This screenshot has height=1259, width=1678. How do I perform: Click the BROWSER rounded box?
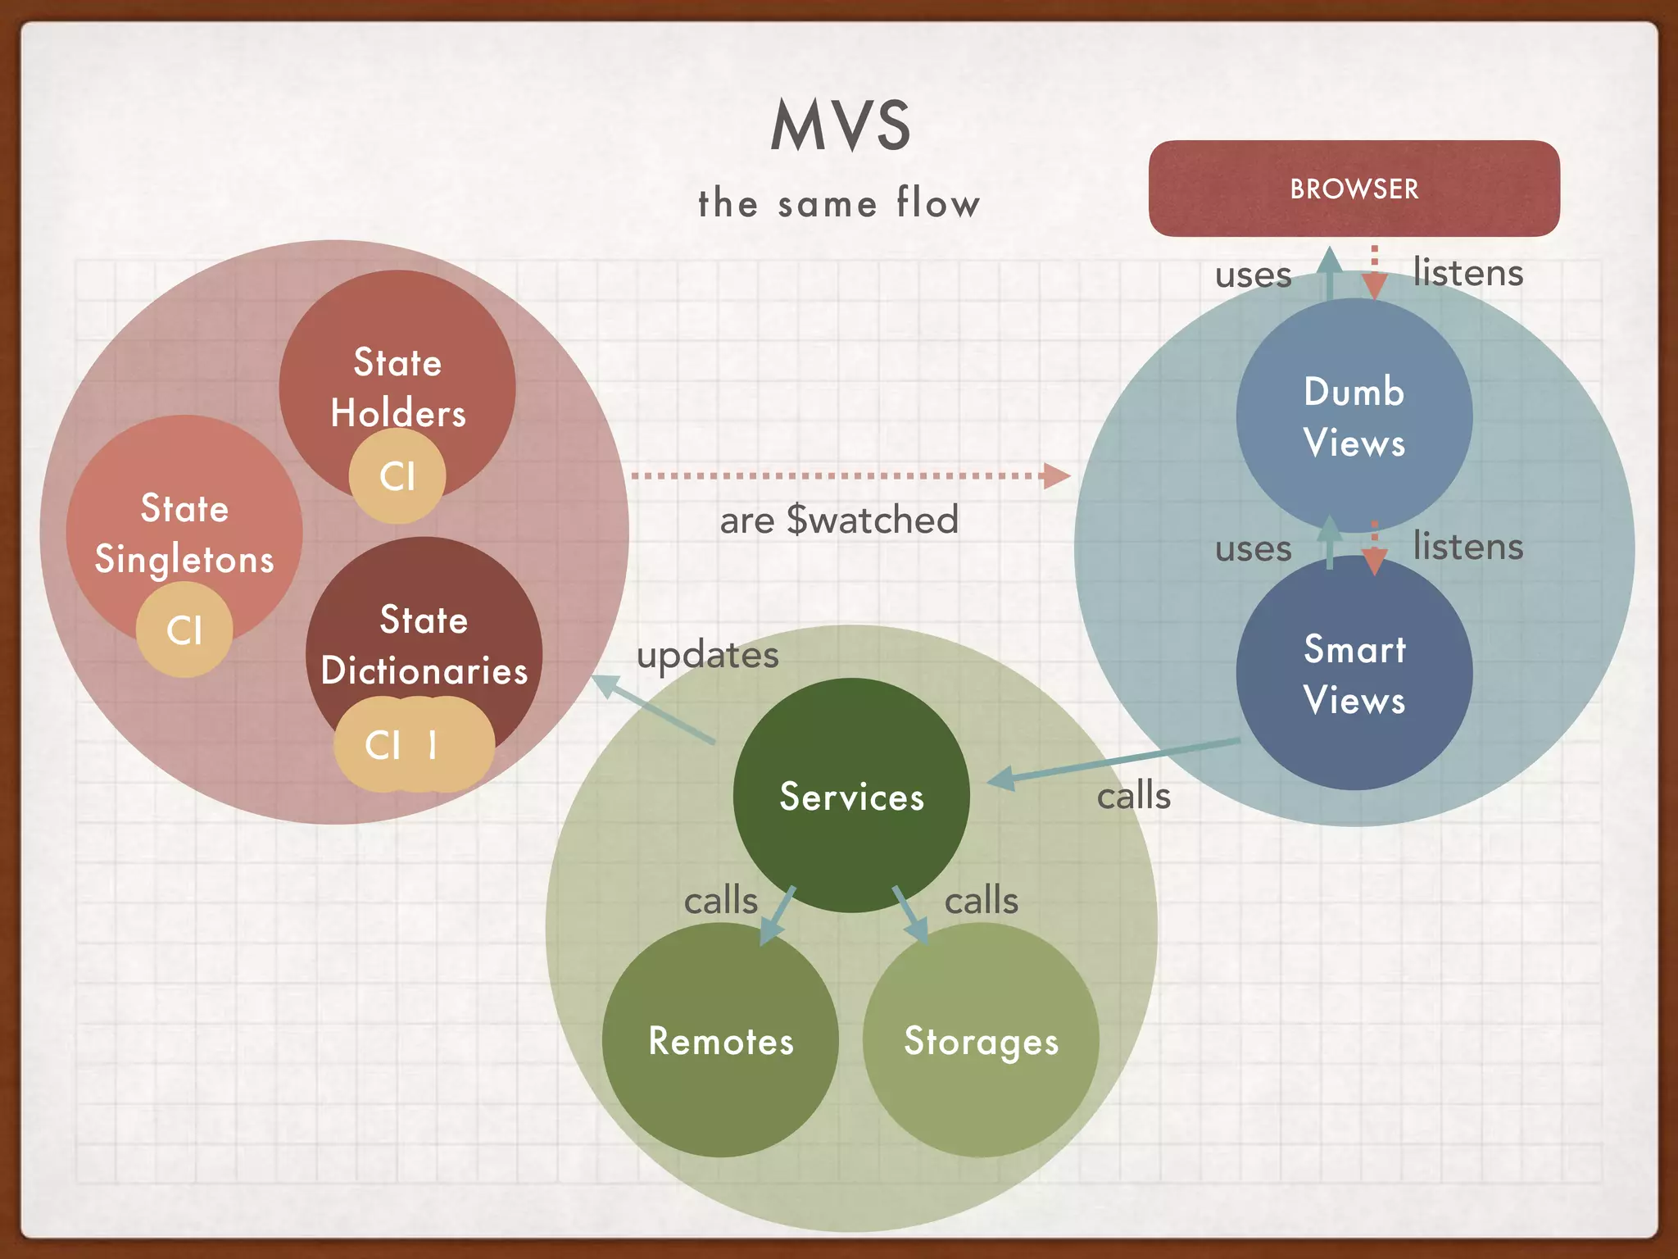pyautogui.click(x=1354, y=189)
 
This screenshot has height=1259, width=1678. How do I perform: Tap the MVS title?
pyautogui.click(x=841, y=125)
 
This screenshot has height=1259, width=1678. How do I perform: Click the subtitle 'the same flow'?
pyautogui.click(x=839, y=202)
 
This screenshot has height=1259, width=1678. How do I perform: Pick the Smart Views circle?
pyautogui.click(x=1354, y=674)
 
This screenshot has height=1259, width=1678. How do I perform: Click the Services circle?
pyautogui.click(x=851, y=796)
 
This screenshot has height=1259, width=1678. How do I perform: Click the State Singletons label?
pyautogui.click(x=184, y=534)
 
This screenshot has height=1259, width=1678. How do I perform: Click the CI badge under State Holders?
pyautogui.click(x=397, y=476)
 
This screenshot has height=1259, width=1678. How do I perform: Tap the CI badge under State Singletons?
pyautogui.click(x=184, y=629)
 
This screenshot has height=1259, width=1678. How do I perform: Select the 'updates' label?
pyautogui.click(x=708, y=654)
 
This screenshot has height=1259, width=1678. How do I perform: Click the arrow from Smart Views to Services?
pyautogui.click(x=1114, y=761)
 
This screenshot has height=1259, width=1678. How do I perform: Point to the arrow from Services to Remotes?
pyautogui.click(x=778, y=914)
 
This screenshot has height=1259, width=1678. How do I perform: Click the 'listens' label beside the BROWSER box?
pyautogui.click(x=1467, y=272)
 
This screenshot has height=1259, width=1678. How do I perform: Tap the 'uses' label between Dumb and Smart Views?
pyautogui.click(x=1253, y=548)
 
